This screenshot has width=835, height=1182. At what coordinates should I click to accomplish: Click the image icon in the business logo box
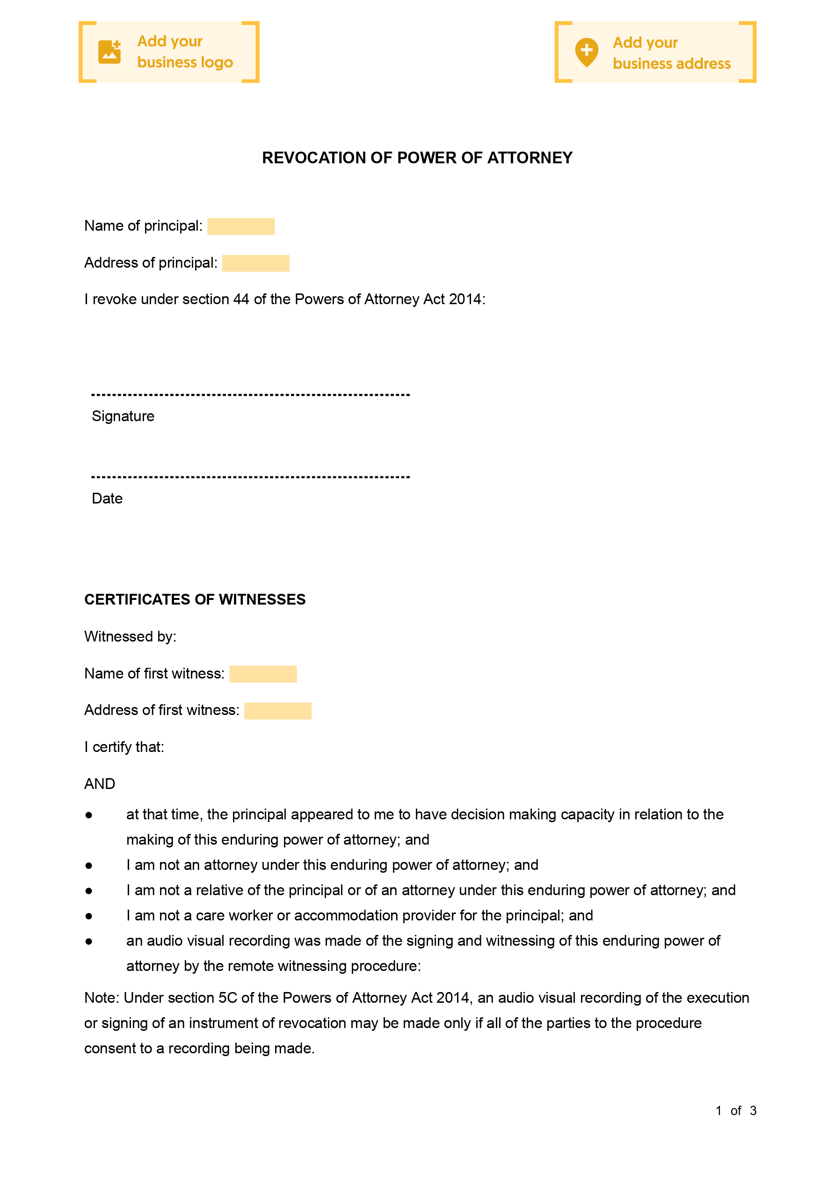pos(109,52)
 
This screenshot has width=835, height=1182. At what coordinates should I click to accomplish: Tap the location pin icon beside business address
pos(586,52)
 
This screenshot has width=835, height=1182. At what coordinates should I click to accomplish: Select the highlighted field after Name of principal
pos(241,226)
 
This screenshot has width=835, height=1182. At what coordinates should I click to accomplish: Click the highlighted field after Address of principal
pos(256,263)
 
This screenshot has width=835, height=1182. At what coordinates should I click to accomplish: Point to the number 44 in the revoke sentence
pos(241,299)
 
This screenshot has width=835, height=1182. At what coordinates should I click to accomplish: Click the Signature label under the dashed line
pos(123,416)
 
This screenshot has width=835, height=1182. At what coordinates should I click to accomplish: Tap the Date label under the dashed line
pos(107,498)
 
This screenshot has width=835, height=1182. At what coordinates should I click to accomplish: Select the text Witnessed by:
pos(130,637)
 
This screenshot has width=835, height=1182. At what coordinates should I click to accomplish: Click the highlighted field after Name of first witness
pos(263,674)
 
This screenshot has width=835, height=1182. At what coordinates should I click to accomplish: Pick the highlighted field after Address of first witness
pos(278,710)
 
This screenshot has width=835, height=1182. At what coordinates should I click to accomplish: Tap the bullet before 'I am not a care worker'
pos(89,916)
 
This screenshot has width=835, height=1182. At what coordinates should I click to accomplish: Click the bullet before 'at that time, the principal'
pos(89,816)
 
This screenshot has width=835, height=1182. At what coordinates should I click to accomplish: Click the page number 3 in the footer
pos(753,1110)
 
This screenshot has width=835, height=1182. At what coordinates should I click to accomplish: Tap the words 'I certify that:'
pos(124,747)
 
